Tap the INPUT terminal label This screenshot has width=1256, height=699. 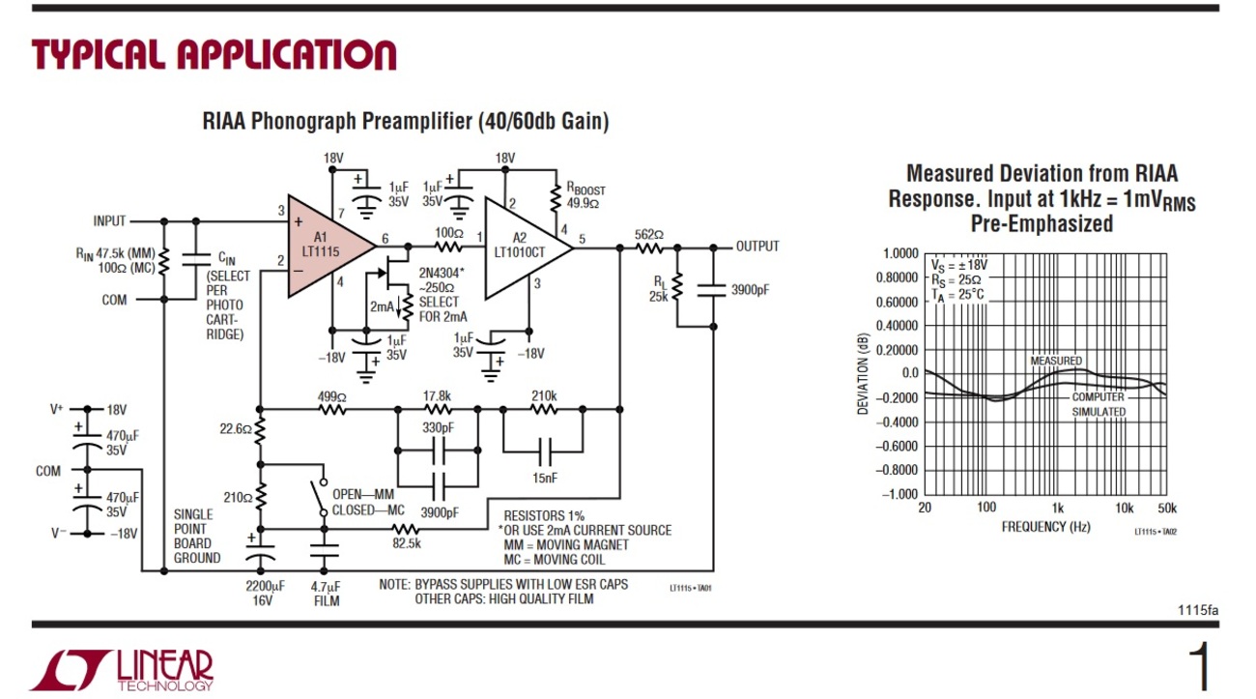[x=109, y=221]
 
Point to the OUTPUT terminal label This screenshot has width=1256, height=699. [x=756, y=247]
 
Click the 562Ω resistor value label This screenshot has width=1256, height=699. [x=648, y=235]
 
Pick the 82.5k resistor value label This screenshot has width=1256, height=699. [x=406, y=543]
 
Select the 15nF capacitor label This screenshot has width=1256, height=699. [x=545, y=478]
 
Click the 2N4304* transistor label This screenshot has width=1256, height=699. [x=442, y=274]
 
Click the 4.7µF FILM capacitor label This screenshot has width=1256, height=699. [x=326, y=594]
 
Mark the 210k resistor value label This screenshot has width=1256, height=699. [x=544, y=396]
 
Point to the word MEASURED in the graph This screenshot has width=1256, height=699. [x=1056, y=361]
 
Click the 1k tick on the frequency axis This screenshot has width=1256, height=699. [x=1058, y=509]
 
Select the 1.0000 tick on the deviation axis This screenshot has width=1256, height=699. [x=900, y=253]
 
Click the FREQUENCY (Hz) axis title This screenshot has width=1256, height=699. [x=1045, y=527]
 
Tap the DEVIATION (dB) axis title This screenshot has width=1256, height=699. [x=863, y=374]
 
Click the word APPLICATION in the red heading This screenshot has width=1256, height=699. [x=287, y=55]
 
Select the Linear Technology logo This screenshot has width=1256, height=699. [x=121, y=670]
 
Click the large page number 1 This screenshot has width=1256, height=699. [x=1202, y=667]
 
